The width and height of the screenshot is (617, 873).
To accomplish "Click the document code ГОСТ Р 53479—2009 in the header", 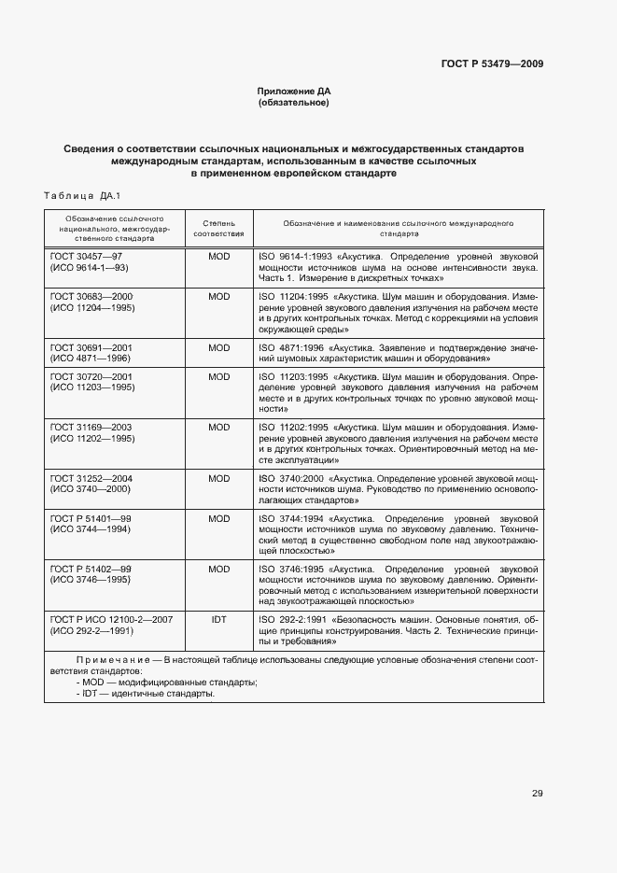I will point(492,64).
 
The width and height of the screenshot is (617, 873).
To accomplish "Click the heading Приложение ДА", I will point(294,91).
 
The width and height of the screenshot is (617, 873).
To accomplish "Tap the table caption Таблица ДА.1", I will point(83,195).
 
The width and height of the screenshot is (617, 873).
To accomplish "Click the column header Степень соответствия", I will point(218,230).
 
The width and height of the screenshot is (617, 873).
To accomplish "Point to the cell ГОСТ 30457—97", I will point(86,255).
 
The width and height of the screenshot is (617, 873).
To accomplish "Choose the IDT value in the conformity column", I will point(218,619).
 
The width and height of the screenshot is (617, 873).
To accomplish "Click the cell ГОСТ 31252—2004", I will point(91,478).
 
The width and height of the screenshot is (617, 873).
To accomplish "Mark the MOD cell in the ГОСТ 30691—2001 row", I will point(218,347).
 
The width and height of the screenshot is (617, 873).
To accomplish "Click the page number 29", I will point(537,794).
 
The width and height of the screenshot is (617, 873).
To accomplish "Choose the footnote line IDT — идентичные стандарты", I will point(147,694).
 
